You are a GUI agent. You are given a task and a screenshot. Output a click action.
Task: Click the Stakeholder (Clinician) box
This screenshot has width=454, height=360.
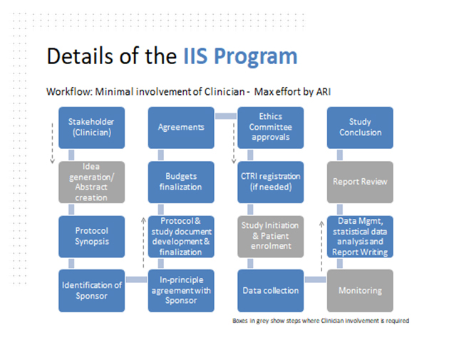(x=91, y=128)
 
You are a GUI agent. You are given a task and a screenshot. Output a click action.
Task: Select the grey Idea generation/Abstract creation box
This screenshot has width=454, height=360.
(x=91, y=182)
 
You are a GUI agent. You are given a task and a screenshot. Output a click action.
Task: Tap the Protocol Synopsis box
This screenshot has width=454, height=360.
(x=91, y=237)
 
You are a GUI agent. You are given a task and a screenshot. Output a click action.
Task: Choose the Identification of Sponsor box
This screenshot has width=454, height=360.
(x=91, y=291)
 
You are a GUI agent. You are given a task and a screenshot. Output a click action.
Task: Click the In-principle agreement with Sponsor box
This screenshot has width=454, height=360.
(x=181, y=291)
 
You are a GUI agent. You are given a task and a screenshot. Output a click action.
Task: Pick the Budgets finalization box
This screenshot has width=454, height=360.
(x=181, y=182)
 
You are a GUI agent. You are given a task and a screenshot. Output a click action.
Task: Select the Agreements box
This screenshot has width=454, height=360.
(x=181, y=128)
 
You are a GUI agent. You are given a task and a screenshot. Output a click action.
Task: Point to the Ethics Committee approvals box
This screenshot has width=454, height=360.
(x=270, y=128)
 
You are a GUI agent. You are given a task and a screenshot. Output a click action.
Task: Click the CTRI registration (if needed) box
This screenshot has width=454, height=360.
(x=270, y=182)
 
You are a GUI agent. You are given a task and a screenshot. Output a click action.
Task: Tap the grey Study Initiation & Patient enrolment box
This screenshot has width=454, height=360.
(x=270, y=237)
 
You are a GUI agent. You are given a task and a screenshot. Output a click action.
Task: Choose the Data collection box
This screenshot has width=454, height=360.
(x=270, y=291)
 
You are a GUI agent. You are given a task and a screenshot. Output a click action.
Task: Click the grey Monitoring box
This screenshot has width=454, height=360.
(x=360, y=291)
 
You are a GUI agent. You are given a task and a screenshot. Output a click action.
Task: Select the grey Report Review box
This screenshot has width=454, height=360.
(x=360, y=182)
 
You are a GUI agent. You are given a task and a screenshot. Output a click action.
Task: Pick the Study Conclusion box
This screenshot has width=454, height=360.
(x=360, y=128)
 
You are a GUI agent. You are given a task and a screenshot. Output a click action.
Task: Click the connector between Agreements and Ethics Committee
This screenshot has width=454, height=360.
(x=226, y=116)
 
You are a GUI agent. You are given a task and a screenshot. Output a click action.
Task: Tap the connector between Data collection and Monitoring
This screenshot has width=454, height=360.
(x=315, y=279)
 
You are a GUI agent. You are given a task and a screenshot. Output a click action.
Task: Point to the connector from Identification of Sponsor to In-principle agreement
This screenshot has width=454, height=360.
(x=136, y=279)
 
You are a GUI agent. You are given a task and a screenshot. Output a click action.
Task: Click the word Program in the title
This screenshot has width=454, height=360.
(x=256, y=57)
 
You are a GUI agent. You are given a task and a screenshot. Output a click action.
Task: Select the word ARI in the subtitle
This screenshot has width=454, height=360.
(x=324, y=92)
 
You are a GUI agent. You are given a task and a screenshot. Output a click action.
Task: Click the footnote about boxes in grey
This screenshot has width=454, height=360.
(x=321, y=321)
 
